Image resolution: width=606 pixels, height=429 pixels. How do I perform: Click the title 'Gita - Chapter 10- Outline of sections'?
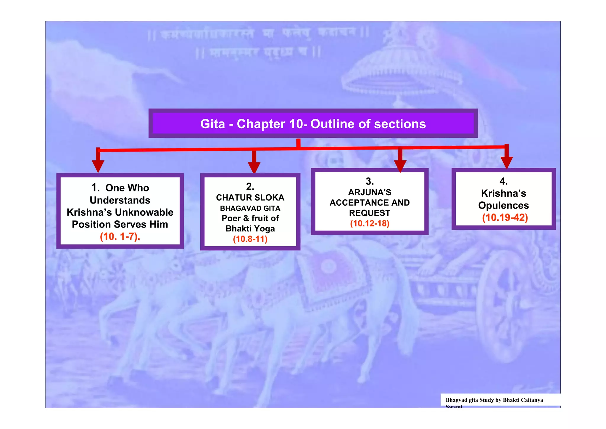click(x=313, y=124)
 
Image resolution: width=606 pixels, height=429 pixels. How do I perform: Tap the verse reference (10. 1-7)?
click(x=120, y=236)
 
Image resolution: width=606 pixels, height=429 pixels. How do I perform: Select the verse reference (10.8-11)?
click(x=250, y=239)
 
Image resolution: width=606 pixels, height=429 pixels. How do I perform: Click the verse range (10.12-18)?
click(x=370, y=223)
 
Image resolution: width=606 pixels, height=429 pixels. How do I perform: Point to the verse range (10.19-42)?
click(x=505, y=217)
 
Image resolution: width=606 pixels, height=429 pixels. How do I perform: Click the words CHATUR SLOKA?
click(x=250, y=198)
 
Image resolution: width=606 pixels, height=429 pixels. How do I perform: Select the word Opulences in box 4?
click(x=503, y=205)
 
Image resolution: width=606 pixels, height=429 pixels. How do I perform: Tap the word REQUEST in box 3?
click(x=370, y=213)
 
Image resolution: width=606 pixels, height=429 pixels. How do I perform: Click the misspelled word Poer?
click(x=231, y=218)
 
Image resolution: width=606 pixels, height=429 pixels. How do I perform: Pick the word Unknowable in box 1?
click(x=144, y=212)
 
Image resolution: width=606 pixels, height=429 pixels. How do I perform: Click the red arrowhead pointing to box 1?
click(x=98, y=166)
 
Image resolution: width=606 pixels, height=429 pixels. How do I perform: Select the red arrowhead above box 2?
click(x=254, y=167)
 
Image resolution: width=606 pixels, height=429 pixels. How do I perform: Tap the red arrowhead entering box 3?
click(x=400, y=165)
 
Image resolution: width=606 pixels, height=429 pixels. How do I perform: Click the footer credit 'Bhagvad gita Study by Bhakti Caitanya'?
click(x=494, y=400)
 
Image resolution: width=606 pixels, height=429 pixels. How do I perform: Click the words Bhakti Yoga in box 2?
click(x=250, y=229)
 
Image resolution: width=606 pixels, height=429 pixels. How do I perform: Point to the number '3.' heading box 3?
click(x=370, y=181)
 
